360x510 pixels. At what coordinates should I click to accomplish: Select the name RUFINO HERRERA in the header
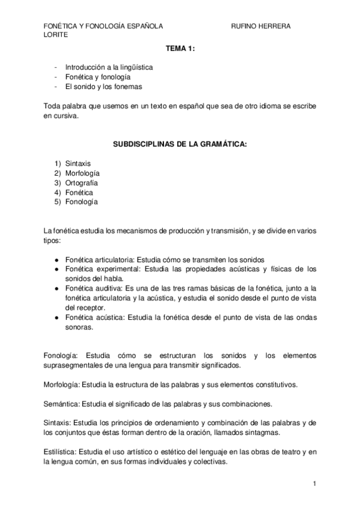pyautogui.click(x=260, y=26)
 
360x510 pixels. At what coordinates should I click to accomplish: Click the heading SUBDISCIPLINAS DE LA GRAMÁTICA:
pyautogui.click(x=180, y=145)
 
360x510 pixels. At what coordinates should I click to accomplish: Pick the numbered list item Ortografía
pyautogui.click(x=81, y=182)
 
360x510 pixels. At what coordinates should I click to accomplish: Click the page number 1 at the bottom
pyautogui.click(x=314, y=483)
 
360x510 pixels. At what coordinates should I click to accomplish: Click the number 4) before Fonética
pyautogui.click(x=58, y=192)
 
